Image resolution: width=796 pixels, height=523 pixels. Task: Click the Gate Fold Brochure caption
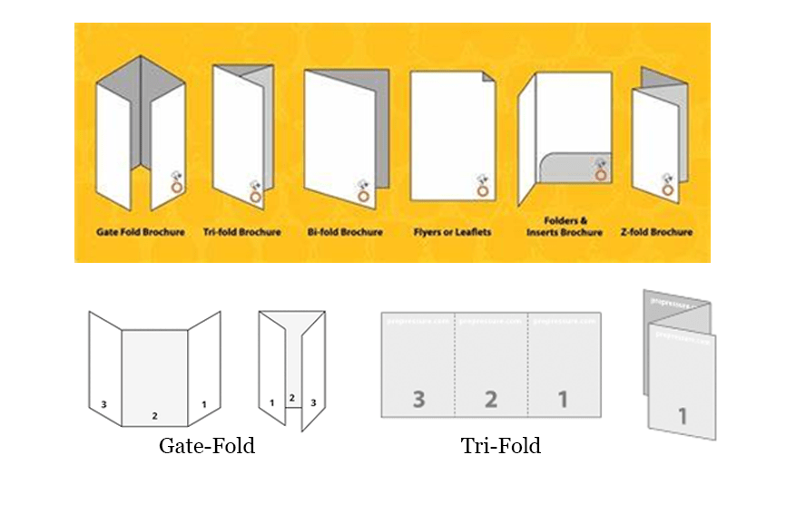click(141, 232)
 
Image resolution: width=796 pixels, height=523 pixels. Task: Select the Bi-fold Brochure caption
click(344, 232)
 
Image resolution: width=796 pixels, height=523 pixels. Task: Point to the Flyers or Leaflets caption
click(452, 232)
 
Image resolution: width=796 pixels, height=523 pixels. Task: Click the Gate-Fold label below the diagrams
click(207, 446)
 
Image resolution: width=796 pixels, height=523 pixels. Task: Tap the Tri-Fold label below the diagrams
click(500, 446)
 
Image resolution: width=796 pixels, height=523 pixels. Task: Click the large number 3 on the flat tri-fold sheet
click(418, 398)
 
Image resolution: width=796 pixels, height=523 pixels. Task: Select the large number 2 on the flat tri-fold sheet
click(490, 398)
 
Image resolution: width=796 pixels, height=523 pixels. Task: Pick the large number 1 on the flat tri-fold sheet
click(563, 398)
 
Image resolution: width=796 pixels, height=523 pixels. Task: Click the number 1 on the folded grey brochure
click(682, 417)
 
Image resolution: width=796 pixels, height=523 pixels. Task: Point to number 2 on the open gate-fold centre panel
click(155, 415)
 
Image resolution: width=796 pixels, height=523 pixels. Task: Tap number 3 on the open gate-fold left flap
click(104, 404)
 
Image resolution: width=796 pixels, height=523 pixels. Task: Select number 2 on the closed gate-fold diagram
click(291, 398)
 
